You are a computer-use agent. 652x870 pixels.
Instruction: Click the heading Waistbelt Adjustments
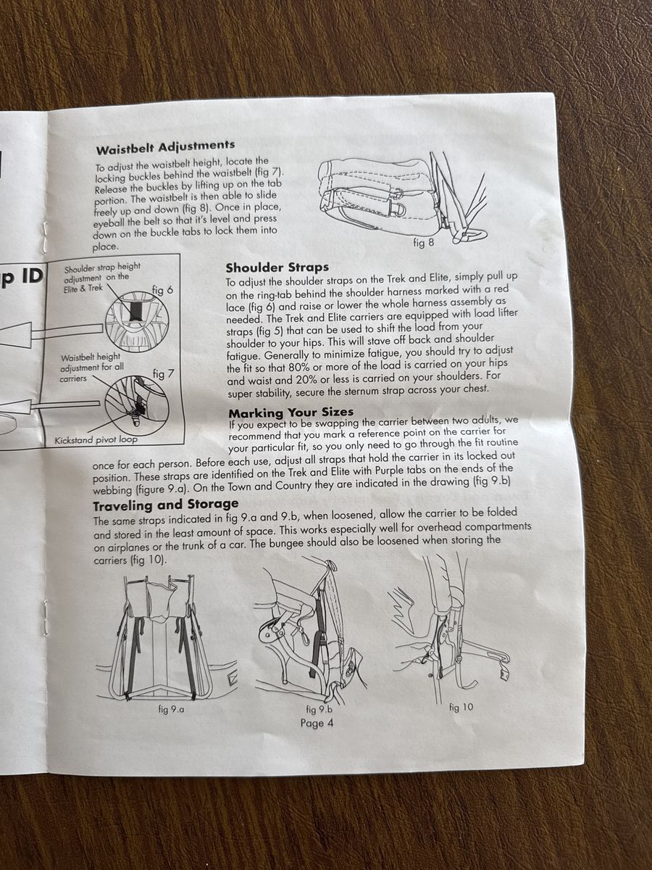(x=165, y=147)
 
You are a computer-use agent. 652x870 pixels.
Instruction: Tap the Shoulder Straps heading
(x=277, y=268)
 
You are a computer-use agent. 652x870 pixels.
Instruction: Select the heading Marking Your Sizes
(x=291, y=413)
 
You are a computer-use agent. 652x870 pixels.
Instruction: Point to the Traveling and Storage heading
(x=166, y=505)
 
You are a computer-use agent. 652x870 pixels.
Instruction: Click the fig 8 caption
(x=423, y=243)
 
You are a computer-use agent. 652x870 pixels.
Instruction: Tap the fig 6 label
(x=163, y=291)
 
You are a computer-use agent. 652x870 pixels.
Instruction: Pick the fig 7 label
(x=164, y=374)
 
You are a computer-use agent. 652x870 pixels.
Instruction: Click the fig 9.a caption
(x=171, y=710)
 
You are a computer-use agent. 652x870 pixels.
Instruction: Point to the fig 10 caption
(x=461, y=707)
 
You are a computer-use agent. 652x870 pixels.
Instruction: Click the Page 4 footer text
(x=317, y=723)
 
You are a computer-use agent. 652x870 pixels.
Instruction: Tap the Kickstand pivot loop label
(x=96, y=440)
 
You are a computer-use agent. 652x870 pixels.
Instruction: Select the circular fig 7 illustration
(x=138, y=405)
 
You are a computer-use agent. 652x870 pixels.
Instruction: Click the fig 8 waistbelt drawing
(x=404, y=198)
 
